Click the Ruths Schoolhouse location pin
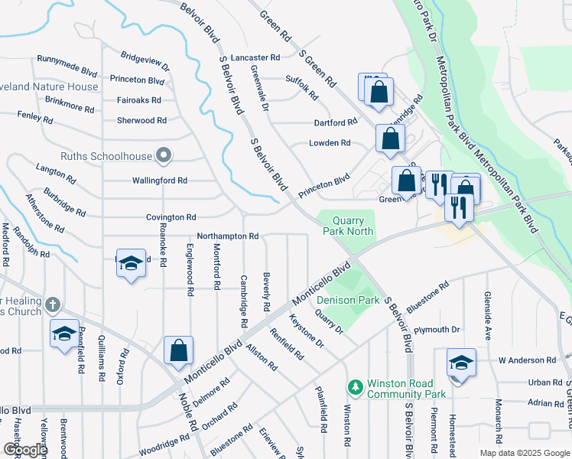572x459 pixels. pyautogui.click(x=162, y=156)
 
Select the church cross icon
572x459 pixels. pyautogui.click(x=52, y=304)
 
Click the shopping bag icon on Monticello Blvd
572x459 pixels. pyautogui.click(x=178, y=351)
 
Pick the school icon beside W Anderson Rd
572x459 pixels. pyautogui.click(x=461, y=362)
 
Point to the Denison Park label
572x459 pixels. pyautogui.click(x=347, y=300)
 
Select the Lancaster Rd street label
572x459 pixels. pyautogui.click(x=255, y=57)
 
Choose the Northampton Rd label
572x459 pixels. pyautogui.click(x=228, y=236)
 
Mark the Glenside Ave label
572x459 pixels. pyautogui.click(x=486, y=309)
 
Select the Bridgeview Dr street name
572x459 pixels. pyautogui.click(x=145, y=62)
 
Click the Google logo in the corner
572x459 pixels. pyautogui.click(x=24, y=450)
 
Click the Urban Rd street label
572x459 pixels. pyautogui.click(x=545, y=382)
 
